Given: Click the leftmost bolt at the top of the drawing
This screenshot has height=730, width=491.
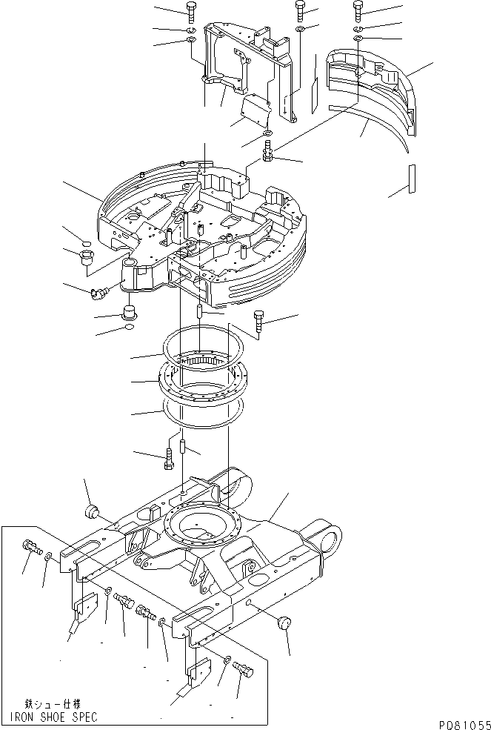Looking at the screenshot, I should coord(190,10).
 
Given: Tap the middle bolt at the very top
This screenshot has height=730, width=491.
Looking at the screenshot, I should coord(300,10).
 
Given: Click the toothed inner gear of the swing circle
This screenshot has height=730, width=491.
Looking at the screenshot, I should coord(203,361).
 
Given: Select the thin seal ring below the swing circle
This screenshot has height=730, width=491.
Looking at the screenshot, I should coord(203,411).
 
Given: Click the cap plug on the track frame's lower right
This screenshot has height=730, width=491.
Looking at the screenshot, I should coord(283,623).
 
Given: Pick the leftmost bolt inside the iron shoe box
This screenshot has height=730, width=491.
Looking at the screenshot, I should coord(31,548).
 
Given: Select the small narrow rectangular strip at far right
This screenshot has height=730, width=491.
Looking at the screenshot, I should coord(412,178).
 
